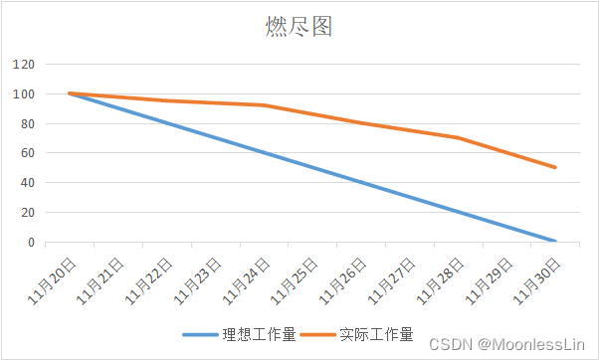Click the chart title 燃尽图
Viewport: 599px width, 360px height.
coord(299,27)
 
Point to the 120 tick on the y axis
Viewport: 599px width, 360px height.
coord(25,65)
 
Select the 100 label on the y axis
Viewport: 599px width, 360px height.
coord(25,94)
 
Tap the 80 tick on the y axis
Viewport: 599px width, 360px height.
coord(28,124)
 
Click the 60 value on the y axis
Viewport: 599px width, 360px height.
coord(28,154)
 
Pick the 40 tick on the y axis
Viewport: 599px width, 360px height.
coord(28,183)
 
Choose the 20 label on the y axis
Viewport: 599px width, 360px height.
coord(28,213)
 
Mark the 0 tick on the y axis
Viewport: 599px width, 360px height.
coord(31,243)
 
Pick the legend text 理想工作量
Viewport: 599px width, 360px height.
coord(259,334)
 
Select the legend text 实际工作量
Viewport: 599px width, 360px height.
coord(376,334)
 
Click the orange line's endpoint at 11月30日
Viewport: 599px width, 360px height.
coord(554,167)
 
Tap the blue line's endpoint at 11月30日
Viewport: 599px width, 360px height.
coord(554,242)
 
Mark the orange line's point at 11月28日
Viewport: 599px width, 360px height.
coord(457,137)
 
